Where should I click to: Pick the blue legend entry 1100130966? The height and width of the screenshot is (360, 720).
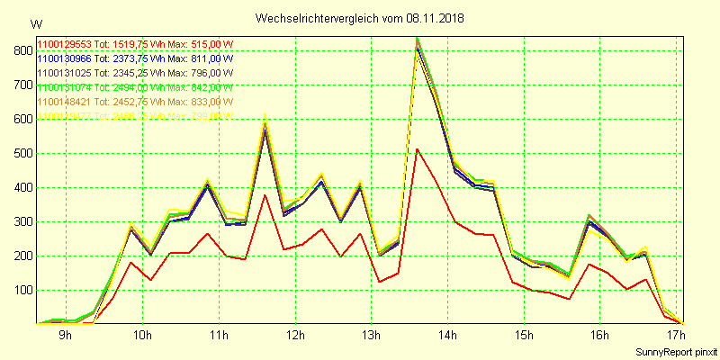[x=134, y=58]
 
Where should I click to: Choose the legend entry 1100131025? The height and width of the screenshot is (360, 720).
[x=134, y=73]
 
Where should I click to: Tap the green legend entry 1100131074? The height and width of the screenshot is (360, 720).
[x=134, y=87]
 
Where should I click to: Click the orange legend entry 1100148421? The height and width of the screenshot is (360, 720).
[x=134, y=102]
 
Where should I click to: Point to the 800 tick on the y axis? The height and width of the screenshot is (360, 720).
[x=19, y=51]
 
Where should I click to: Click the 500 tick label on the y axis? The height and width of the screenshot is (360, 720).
[x=19, y=154]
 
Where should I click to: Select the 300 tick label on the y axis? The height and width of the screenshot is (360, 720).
[x=19, y=222]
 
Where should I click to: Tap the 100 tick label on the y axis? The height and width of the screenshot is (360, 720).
[x=19, y=291]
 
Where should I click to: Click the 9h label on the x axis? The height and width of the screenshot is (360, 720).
[x=65, y=336]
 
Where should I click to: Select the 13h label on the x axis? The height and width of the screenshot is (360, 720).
[x=371, y=336]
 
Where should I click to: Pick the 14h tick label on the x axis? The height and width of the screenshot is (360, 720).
[x=447, y=336]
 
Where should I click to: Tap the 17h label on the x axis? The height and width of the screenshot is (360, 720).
[x=675, y=336]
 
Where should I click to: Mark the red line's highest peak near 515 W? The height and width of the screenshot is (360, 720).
[x=417, y=149]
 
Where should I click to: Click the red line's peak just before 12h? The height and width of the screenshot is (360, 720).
[x=265, y=195]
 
